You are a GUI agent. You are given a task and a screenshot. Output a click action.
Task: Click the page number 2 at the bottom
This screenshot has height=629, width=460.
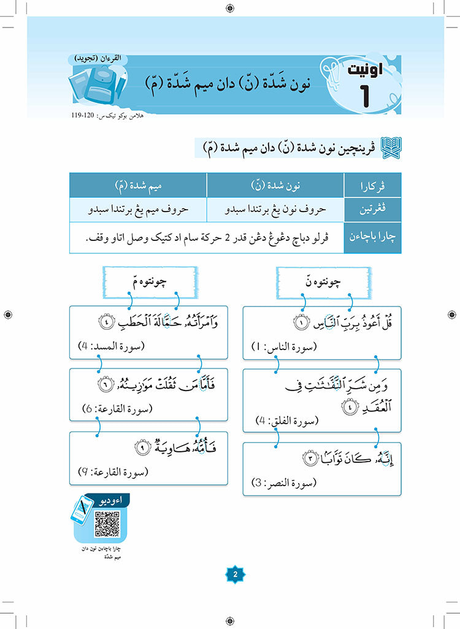tap(233, 574)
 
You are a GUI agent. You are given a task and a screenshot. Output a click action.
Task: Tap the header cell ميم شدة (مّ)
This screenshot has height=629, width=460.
tap(137, 185)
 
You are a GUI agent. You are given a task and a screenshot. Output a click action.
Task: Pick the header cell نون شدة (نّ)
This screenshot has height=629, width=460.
tap(275, 185)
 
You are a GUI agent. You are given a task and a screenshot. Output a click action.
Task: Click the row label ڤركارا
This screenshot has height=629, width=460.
tap(372, 185)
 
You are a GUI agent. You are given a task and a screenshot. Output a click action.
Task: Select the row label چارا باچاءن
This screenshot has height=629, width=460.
tap(372, 237)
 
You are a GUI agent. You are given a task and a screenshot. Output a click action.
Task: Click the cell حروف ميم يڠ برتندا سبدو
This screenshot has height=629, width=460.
tap(137, 208)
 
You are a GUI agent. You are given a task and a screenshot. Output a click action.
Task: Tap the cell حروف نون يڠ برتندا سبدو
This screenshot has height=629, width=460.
tap(275, 208)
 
